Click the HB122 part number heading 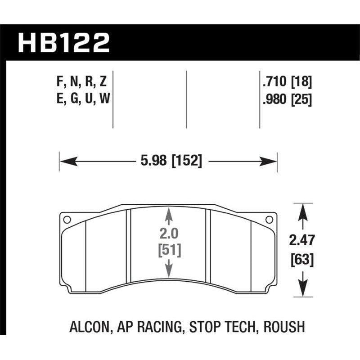(63, 43)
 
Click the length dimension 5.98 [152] (169, 160)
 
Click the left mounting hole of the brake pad (67, 220)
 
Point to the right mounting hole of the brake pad (270, 220)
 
